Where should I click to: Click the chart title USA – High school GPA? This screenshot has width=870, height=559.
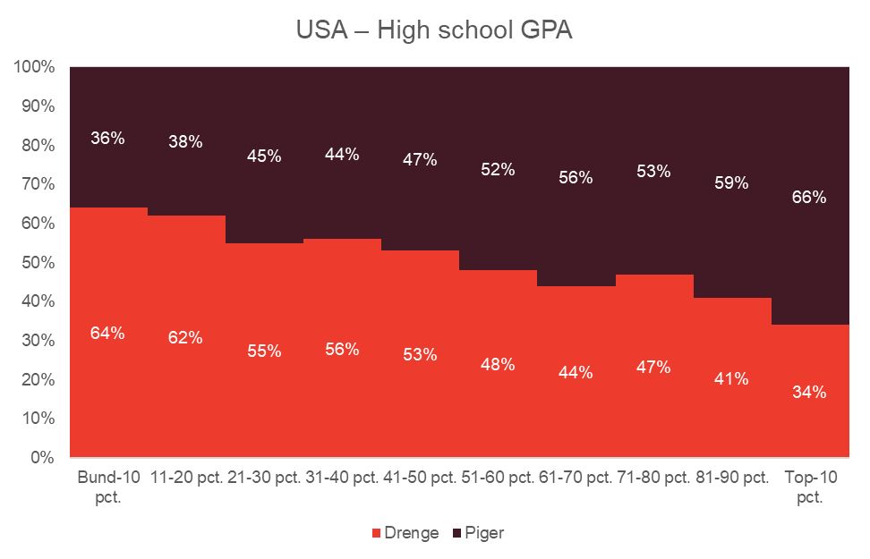point(434,30)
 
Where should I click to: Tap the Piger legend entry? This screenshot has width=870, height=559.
point(483,533)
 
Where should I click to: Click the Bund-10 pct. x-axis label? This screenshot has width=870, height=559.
point(108,486)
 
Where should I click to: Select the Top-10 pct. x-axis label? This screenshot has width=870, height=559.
point(810,486)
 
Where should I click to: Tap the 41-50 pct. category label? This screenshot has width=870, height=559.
point(420,477)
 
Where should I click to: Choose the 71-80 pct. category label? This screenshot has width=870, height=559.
point(652,477)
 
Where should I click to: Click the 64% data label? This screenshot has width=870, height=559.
point(107,333)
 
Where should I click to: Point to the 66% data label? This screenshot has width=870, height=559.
point(809,198)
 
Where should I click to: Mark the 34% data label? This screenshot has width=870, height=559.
point(809,392)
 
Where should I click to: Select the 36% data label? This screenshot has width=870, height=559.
point(107,138)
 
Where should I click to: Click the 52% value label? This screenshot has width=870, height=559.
point(498,169)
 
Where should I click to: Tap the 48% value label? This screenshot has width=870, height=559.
point(498,364)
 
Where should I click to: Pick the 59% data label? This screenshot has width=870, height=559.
point(731,183)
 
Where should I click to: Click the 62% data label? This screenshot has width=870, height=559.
point(185,338)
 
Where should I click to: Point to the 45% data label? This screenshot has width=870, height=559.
point(264,156)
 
